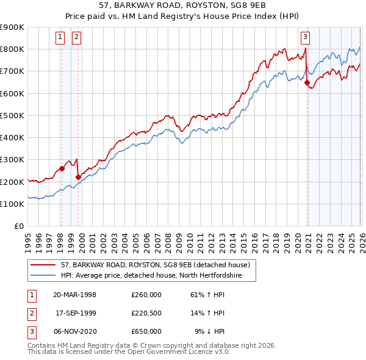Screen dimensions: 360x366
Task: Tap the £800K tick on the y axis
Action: click(12, 49)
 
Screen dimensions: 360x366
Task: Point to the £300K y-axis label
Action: click(12, 160)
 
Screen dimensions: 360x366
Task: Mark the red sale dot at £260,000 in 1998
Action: click(62, 169)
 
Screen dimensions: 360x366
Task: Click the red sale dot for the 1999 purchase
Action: click(78, 178)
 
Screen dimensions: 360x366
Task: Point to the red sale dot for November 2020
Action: click(307, 83)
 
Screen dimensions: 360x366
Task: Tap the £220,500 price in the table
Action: click(146, 313)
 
